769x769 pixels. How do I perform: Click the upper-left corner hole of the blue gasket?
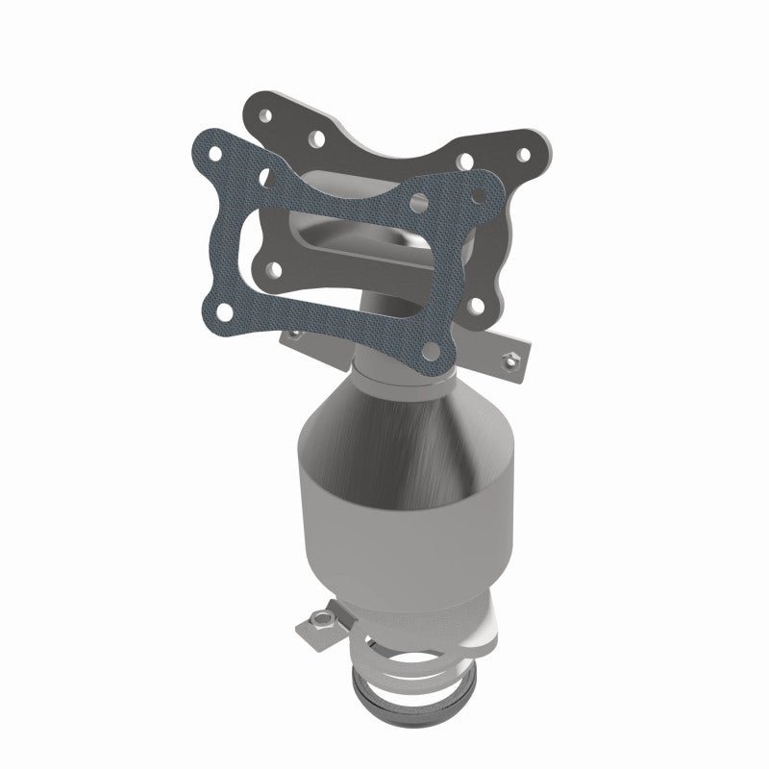coord(218,154)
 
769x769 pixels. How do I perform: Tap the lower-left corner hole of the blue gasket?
coord(224,310)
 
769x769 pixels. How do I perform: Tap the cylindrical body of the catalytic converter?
coord(404,538)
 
